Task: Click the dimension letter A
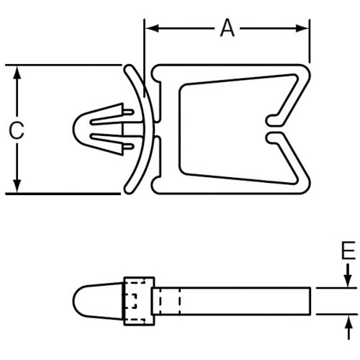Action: pos(228,29)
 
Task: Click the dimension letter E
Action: pos(348,251)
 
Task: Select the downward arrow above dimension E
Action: pos(348,278)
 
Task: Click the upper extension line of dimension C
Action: pos(65,66)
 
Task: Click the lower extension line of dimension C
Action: pos(65,194)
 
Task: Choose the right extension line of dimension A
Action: pos(310,43)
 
